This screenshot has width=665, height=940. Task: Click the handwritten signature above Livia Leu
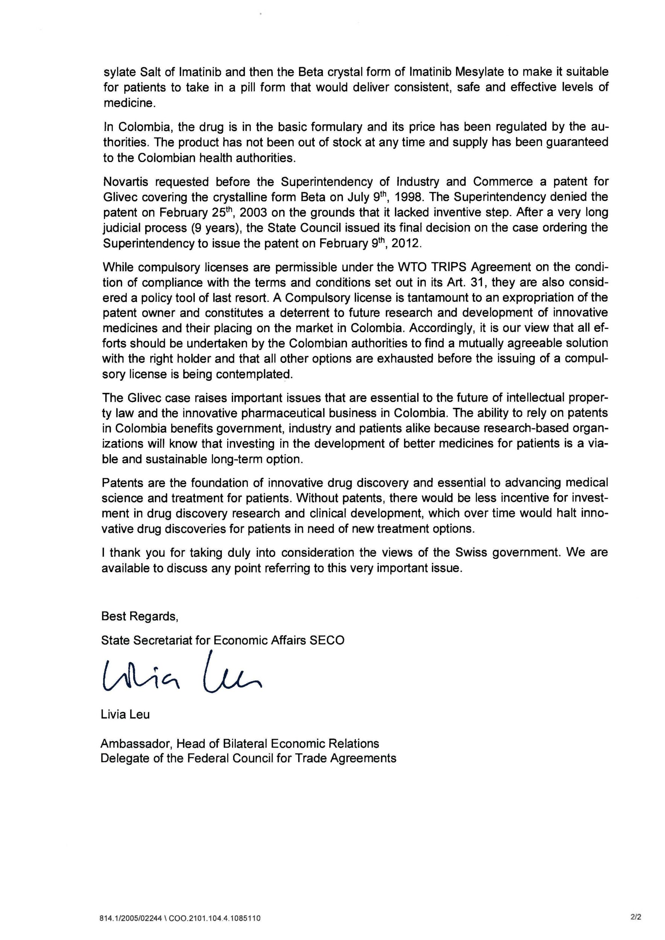point(180,678)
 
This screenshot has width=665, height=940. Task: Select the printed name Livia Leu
point(125,714)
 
